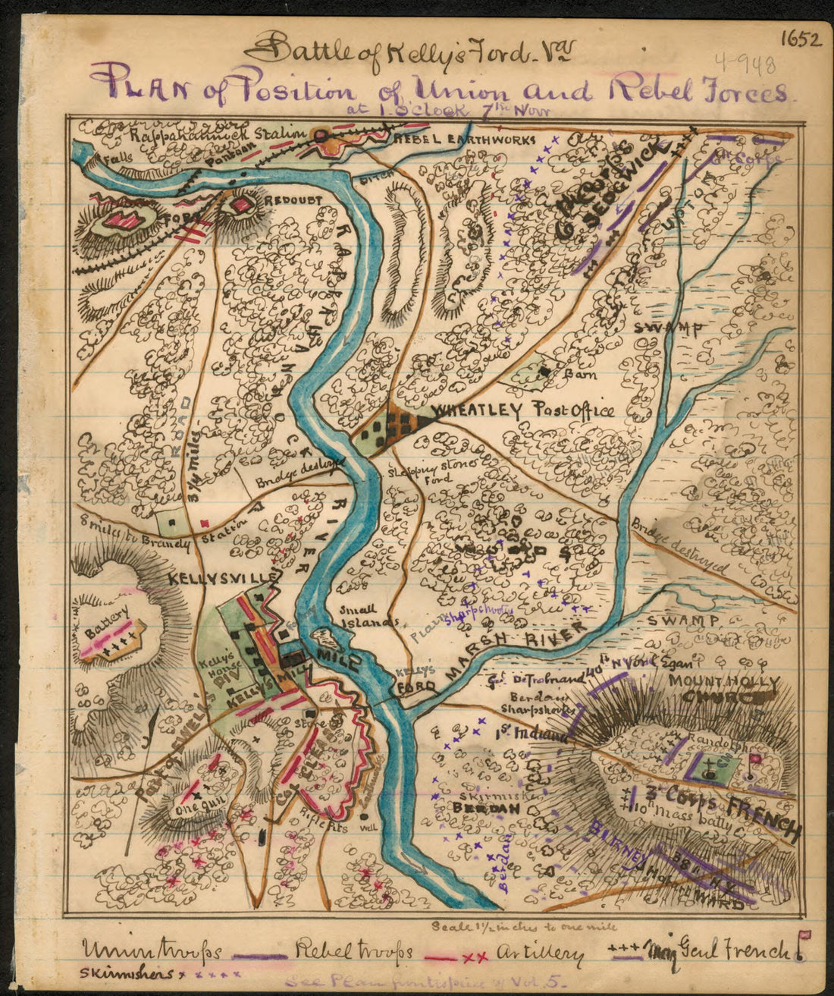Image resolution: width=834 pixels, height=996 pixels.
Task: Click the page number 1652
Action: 798,39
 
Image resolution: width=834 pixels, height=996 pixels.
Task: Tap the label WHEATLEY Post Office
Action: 522,412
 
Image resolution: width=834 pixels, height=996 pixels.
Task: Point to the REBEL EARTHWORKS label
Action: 463,140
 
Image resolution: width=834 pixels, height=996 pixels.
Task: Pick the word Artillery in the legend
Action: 542,953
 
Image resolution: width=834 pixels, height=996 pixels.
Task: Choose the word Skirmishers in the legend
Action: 122,972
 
